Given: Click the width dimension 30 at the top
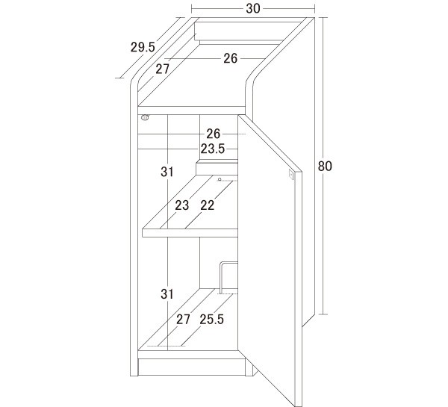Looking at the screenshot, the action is [x=253, y=9].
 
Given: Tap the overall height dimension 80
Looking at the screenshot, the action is [x=325, y=166].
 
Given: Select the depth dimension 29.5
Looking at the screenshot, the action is [x=143, y=47].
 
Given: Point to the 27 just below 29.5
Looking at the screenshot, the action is [x=162, y=69].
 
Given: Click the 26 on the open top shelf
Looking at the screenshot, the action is [x=230, y=58].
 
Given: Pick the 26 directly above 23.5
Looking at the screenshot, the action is [x=214, y=134].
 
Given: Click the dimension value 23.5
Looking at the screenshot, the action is [x=213, y=149].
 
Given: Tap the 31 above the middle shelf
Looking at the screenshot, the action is [x=167, y=172].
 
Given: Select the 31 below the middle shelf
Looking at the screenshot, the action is [x=167, y=294].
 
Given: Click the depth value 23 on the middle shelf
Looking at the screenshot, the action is [x=182, y=205].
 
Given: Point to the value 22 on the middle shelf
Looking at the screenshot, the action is [x=208, y=205].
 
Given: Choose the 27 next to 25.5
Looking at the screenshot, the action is [x=183, y=320].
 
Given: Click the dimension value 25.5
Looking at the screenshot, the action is [x=212, y=320].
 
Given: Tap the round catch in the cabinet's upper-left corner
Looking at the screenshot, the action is [x=145, y=117].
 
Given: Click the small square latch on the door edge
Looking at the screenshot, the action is [x=291, y=174].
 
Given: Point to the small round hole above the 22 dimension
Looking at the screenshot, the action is [x=220, y=179].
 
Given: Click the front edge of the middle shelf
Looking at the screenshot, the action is [x=190, y=233].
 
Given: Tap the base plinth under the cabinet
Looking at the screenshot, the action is [x=192, y=367].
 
